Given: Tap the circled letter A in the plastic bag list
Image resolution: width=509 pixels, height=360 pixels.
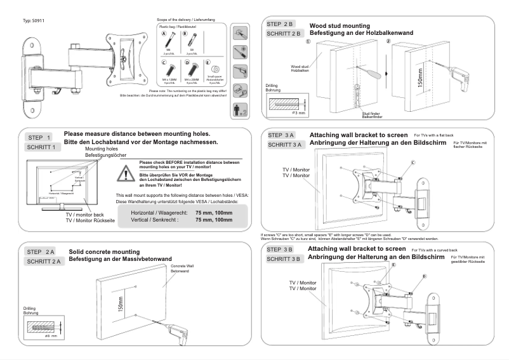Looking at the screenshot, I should click(x=163, y=33).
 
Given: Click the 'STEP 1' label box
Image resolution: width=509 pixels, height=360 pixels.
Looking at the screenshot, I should click(x=41, y=137).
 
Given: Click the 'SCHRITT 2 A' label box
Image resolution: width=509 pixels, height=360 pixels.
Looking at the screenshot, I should click(x=44, y=262).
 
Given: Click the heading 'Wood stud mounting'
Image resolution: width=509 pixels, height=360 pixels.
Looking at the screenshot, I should click(x=339, y=25).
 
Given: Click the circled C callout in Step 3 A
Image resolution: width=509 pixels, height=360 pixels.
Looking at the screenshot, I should click(x=413, y=163).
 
